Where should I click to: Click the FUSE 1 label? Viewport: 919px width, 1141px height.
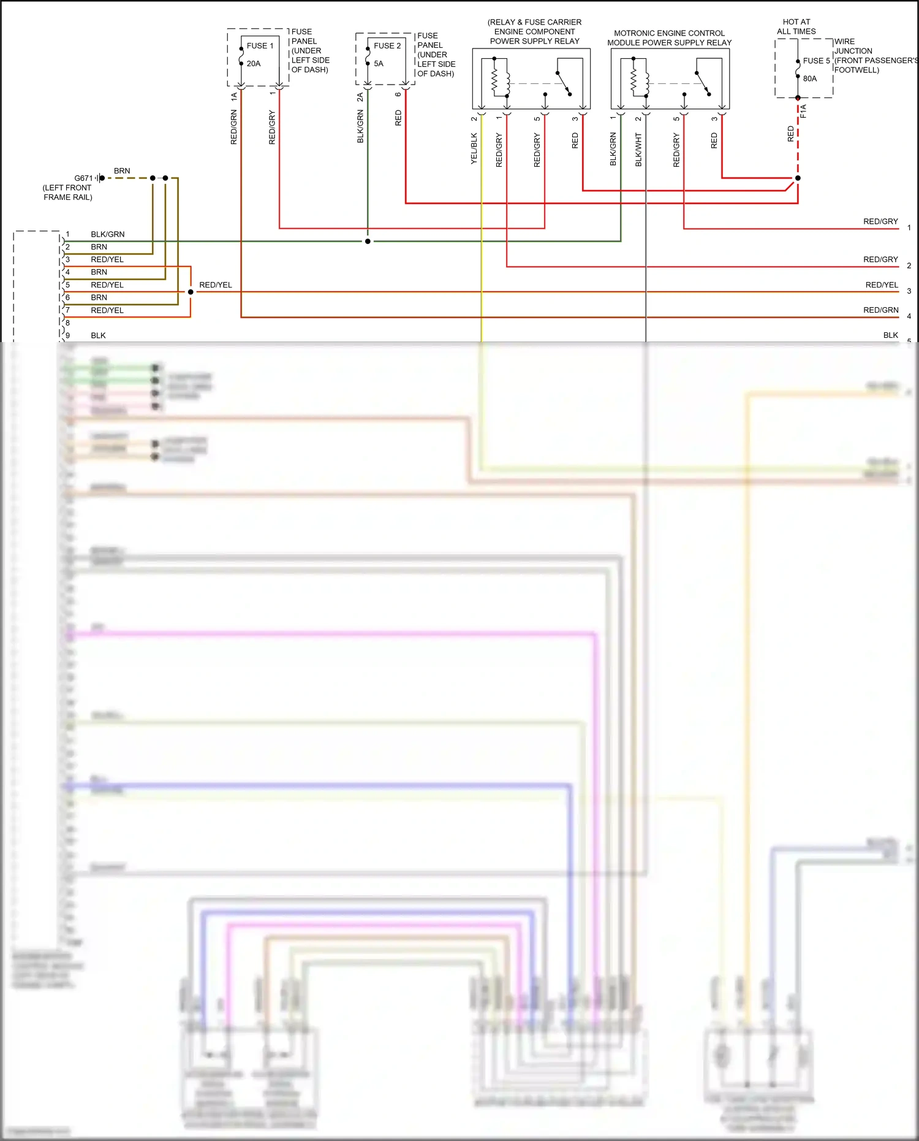(260, 46)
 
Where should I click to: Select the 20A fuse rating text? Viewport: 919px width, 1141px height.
(254, 64)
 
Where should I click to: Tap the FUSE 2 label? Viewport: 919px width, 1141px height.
(387, 46)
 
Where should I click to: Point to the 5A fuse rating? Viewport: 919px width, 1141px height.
(379, 64)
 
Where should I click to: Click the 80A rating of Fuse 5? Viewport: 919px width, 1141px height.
(810, 79)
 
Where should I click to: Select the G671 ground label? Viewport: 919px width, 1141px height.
(83, 178)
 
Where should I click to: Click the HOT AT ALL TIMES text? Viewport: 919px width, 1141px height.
(796, 26)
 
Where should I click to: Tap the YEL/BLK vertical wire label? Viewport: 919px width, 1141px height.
(474, 148)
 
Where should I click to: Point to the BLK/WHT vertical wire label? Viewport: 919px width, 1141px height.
(638, 150)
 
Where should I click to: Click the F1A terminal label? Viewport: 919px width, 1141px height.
(803, 111)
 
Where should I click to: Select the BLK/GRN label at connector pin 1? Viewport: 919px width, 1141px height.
(108, 234)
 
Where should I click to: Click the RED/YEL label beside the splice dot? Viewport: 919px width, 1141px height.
(216, 285)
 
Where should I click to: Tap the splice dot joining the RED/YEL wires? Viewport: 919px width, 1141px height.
(191, 292)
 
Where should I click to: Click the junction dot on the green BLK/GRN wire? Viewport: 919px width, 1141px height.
(368, 242)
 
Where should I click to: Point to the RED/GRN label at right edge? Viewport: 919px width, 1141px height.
(880, 310)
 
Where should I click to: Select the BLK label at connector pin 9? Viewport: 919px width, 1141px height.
(98, 336)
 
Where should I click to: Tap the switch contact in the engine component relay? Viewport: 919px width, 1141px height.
(564, 83)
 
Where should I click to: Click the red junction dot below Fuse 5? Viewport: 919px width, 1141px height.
(798, 178)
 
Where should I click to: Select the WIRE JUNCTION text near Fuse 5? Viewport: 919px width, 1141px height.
(853, 47)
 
